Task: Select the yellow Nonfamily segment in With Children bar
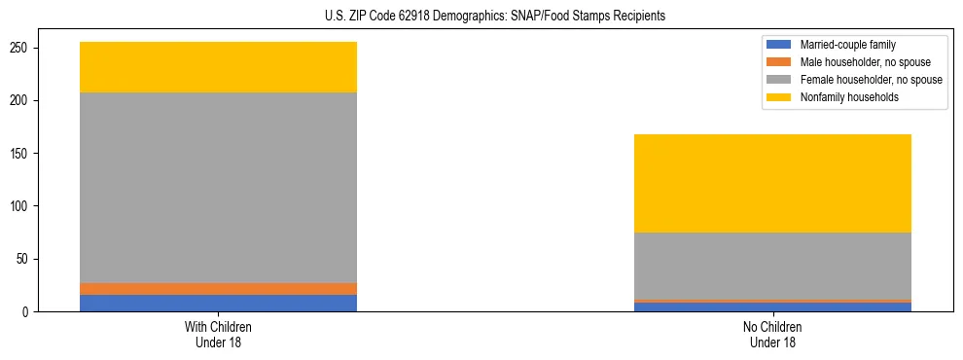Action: [218, 67]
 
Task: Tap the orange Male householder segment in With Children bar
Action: [218, 289]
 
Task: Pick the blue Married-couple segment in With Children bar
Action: [218, 303]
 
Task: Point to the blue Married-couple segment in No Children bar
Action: [772, 307]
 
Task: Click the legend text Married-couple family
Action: [847, 45]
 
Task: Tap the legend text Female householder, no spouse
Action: [871, 80]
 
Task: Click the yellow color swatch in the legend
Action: [779, 97]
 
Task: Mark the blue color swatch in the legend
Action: [779, 45]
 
